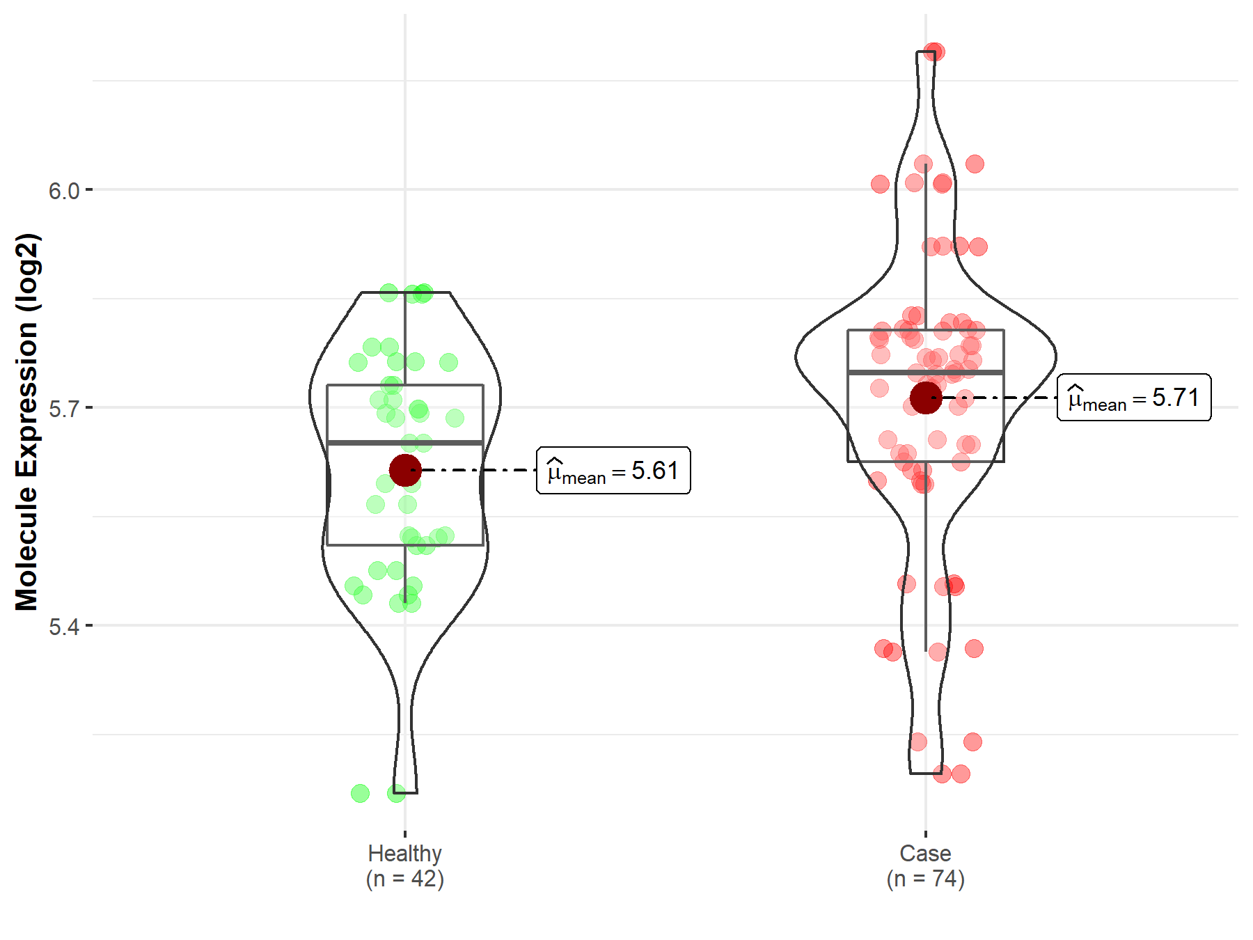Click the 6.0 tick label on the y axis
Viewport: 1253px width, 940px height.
64,190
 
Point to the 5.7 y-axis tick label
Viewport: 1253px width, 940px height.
64,408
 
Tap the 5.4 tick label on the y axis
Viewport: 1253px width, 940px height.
64,627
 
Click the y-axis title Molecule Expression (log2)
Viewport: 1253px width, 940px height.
26,422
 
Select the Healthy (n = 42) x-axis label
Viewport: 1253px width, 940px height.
404,865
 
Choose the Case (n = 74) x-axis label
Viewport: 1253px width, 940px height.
925,865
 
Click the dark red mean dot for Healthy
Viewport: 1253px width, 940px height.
405,470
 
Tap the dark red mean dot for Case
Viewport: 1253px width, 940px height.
926,398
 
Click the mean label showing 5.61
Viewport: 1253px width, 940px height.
613,471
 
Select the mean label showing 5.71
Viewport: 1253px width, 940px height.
1134,398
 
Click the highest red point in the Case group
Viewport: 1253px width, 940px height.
933,52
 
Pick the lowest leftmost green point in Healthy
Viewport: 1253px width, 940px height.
360,793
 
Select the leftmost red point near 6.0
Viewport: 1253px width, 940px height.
880,184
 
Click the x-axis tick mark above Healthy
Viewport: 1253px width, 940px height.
405,833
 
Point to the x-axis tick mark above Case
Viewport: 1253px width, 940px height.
926,833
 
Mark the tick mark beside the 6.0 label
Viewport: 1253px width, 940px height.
88,189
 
